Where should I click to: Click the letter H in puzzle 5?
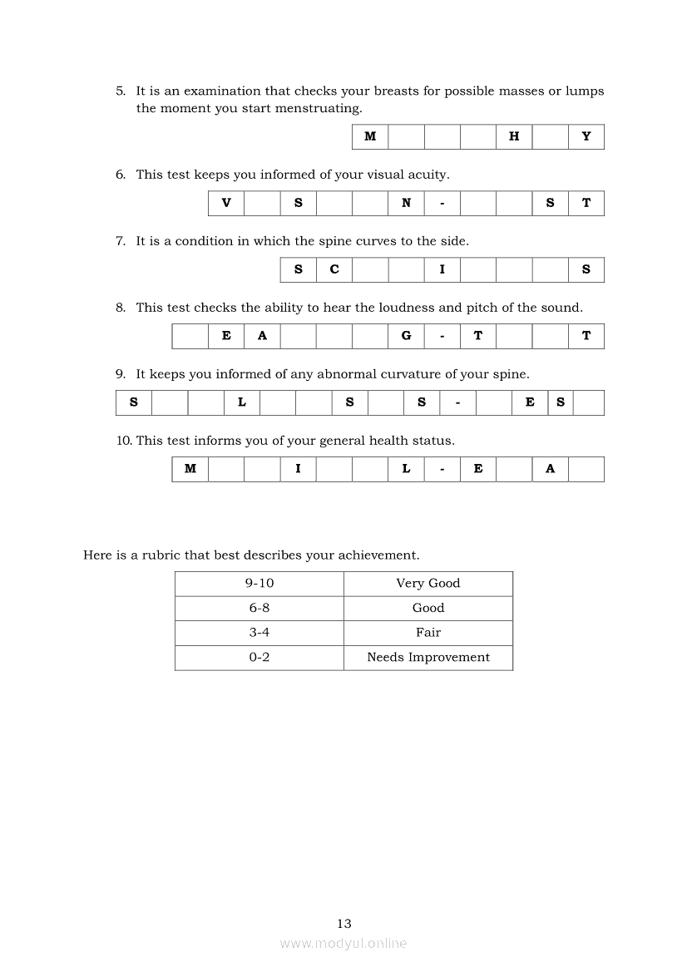[x=514, y=137]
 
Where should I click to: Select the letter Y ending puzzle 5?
[x=586, y=137]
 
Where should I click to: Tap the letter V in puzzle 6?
[x=226, y=204]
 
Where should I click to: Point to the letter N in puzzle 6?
[x=406, y=204]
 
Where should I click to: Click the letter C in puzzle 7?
[x=334, y=270]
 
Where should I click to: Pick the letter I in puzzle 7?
[x=442, y=270]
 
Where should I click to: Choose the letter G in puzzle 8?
[x=406, y=337]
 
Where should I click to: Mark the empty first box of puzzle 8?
[x=190, y=337]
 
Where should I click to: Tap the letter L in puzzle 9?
[x=242, y=403]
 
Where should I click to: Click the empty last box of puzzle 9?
[x=588, y=403]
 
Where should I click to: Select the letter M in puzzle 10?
[x=190, y=470]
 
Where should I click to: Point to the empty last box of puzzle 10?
[x=586, y=470]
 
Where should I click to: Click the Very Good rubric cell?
[x=428, y=584]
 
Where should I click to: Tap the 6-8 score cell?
[x=259, y=609]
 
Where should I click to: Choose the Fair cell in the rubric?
[x=428, y=633]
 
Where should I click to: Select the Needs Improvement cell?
[x=428, y=658]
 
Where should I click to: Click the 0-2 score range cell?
[x=259, y=658]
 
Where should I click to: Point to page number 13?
[x=344, y=924]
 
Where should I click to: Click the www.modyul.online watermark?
[x=343, y=944]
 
